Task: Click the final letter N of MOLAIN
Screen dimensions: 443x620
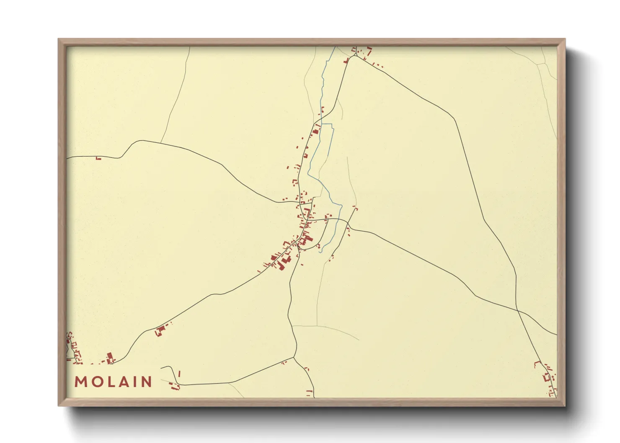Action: pyautogui.click(x=146, y=382)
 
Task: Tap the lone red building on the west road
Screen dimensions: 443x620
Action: pyautogui.click(x=98, y=158)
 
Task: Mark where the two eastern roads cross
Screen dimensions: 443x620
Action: pyautogui.click(x=517, y=310)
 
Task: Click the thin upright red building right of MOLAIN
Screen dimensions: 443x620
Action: pyautogui.click(x=179, y=373)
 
